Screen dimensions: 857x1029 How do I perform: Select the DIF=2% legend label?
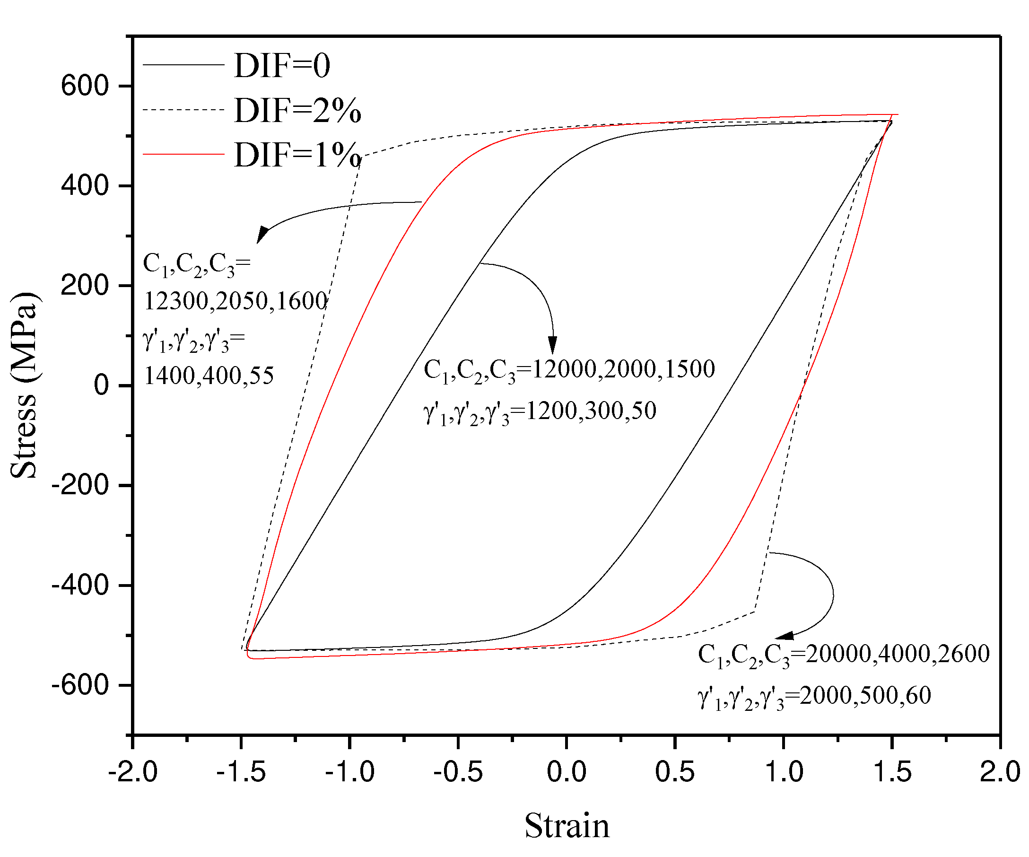pyautogui.click(x=297, y=110)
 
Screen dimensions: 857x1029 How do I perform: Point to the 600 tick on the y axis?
pyautogui.click(x=84, y=86)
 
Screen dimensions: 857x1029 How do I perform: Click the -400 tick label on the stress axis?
pyautogui.click(x=80, y=585)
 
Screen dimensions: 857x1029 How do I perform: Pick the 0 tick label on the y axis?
pyautogui.click(x=101, y=385)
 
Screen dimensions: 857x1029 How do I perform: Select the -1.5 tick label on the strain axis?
pyautogui.click(x=241, y=772)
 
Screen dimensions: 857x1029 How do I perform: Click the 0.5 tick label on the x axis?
pyautogui.click(x=675, y=772)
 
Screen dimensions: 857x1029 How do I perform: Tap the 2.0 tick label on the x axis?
pyautogui.click(x=1000, y=772)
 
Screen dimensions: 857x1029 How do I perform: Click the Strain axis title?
pyautogui.click(x=567, y=826)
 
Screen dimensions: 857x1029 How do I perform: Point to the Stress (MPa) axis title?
pyautogui.click(x=24, y=385)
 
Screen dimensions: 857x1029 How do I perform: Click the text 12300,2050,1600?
pyautogui.click(x=235, y=301)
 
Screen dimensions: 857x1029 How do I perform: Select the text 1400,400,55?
pyautogui.click(x=209, y=376)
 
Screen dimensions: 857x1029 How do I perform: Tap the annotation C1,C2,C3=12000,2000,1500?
pyautogui.click(x=569, y=369)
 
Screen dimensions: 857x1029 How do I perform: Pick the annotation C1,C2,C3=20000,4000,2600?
pyautogui.click(x=843, y=654)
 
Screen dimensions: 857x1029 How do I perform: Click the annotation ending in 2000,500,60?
pyautogui.click(x=814, y=696)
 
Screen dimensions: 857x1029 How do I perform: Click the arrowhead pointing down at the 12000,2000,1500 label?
pyautogui.click(x=553, y=345)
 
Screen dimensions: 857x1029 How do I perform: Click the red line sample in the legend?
pyautogui.click(x=183, y=154)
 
